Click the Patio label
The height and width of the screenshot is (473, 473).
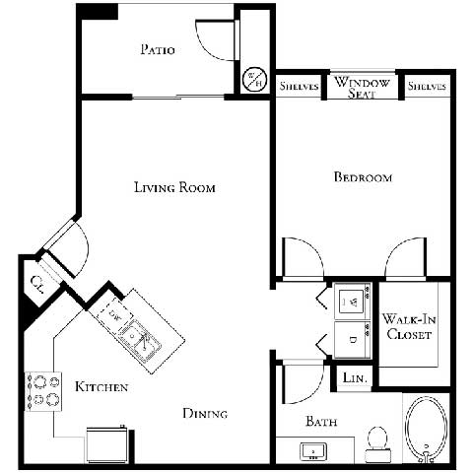point(158,50)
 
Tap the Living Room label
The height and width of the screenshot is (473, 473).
point(174,187)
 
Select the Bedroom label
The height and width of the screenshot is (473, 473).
point(363,177)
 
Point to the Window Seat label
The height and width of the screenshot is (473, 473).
point(362,87)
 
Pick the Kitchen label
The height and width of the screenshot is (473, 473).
point(101,387)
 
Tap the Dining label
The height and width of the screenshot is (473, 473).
point(205,413)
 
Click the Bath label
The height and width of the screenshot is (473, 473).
point(321,421)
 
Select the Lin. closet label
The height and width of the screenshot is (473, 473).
point(354,376)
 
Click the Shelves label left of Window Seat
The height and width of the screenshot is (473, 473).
point(300,87)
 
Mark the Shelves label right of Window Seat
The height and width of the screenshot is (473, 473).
point(427,87)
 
